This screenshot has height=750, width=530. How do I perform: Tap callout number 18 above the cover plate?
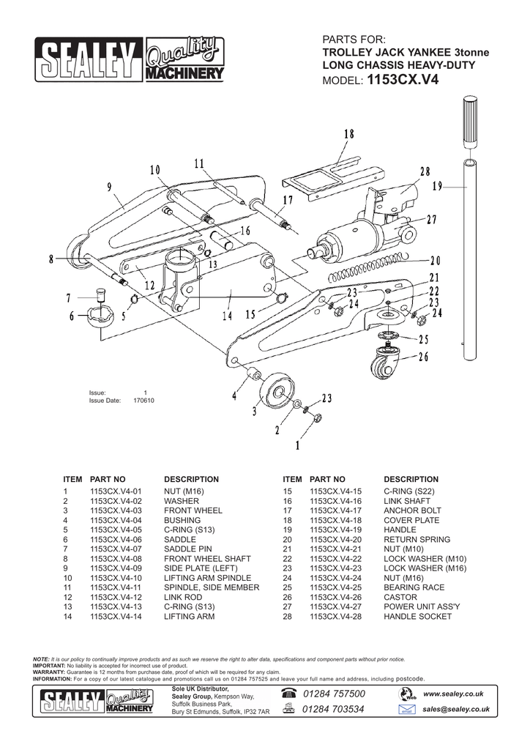pyautogui.click(x=348, y=134)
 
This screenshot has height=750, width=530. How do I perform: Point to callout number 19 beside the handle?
pyautogui.click(x=437, y=187)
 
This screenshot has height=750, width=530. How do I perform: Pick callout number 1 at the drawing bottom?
pyautogui.click(x=297, y=445)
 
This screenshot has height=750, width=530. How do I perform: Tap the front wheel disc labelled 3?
pyautogui.click(x=278, y=390)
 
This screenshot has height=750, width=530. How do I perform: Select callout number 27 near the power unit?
pyautogui.click(x=431, y=220)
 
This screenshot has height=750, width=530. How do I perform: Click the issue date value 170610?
pyautogui.click(x=143, y=401)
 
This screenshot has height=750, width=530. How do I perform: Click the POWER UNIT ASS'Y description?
pyautogui.click(x=422, y=607)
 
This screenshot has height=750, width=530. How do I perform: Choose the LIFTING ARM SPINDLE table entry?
pyautogui.click(x=207, y=578)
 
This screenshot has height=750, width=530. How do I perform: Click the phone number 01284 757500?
pyautogui.click(x=332, y=694)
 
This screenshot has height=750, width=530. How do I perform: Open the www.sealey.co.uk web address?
pyautogui.click(x=452, y=694)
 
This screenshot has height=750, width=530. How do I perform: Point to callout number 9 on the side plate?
pyautogui.click(x=109, y=187)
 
